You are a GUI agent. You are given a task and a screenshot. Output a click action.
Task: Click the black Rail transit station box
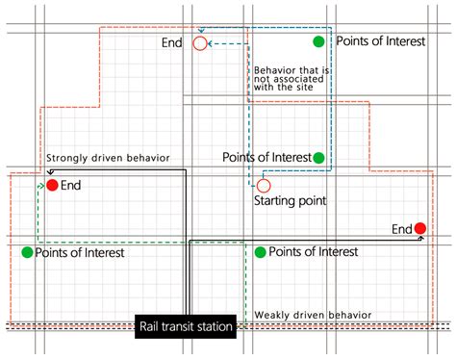point(186,326)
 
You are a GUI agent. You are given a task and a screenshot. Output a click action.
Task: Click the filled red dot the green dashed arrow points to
point(52,185)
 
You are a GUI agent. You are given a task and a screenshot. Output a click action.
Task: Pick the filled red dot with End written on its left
point(420,228)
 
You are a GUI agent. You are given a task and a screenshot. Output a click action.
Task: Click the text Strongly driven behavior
point(108,158)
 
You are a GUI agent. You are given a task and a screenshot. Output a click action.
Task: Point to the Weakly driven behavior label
point(313,315)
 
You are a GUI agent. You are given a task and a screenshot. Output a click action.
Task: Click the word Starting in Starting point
point(275,201)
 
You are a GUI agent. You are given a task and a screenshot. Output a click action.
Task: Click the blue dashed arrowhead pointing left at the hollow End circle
point(210,43)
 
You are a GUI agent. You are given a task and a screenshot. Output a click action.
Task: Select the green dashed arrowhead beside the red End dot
point(41,186)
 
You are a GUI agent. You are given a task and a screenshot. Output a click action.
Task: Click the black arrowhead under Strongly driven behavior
point(50,172)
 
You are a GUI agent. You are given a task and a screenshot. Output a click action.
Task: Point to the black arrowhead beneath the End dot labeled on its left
point(421,238)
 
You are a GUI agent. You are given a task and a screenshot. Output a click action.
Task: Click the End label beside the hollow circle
point(172,42)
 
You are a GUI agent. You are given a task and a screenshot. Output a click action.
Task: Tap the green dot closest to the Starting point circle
point(318,158)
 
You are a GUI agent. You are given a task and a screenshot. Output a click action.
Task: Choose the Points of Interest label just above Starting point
point(267,157)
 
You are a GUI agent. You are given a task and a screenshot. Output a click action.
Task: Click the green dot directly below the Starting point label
point(261,252)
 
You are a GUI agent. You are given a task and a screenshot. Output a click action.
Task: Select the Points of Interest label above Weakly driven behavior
point(314,252)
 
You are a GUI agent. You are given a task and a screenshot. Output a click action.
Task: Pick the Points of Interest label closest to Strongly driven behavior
point(80,253)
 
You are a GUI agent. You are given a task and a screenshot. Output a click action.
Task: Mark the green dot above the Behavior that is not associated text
point(318,41)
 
